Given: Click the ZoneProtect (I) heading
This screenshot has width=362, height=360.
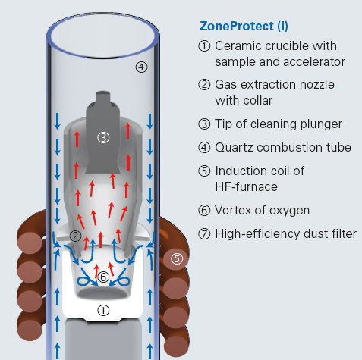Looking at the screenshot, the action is coord(244,27).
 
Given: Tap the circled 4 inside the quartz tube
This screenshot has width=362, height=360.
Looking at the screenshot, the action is coord(141,67).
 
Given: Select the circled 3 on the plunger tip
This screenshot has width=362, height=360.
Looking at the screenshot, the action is coord(103,138).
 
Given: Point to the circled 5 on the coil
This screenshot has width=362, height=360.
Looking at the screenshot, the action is coord(177,258).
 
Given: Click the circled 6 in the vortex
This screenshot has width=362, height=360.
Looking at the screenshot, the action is coord(103,277).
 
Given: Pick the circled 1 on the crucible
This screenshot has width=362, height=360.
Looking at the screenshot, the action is coord(103,311).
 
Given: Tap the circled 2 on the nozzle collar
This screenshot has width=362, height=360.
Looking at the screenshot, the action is coord(75,236).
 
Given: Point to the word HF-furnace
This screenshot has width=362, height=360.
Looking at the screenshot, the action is coord(246,187).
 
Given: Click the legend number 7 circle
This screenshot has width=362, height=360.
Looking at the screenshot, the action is coord(204,234).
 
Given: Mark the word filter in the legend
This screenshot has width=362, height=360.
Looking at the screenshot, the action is coord(343,233).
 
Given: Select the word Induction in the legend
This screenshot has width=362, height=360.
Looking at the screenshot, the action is coord(239,171).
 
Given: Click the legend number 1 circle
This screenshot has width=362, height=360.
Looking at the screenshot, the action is coord(204,46).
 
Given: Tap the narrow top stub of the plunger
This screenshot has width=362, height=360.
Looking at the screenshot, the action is coord(103,97).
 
